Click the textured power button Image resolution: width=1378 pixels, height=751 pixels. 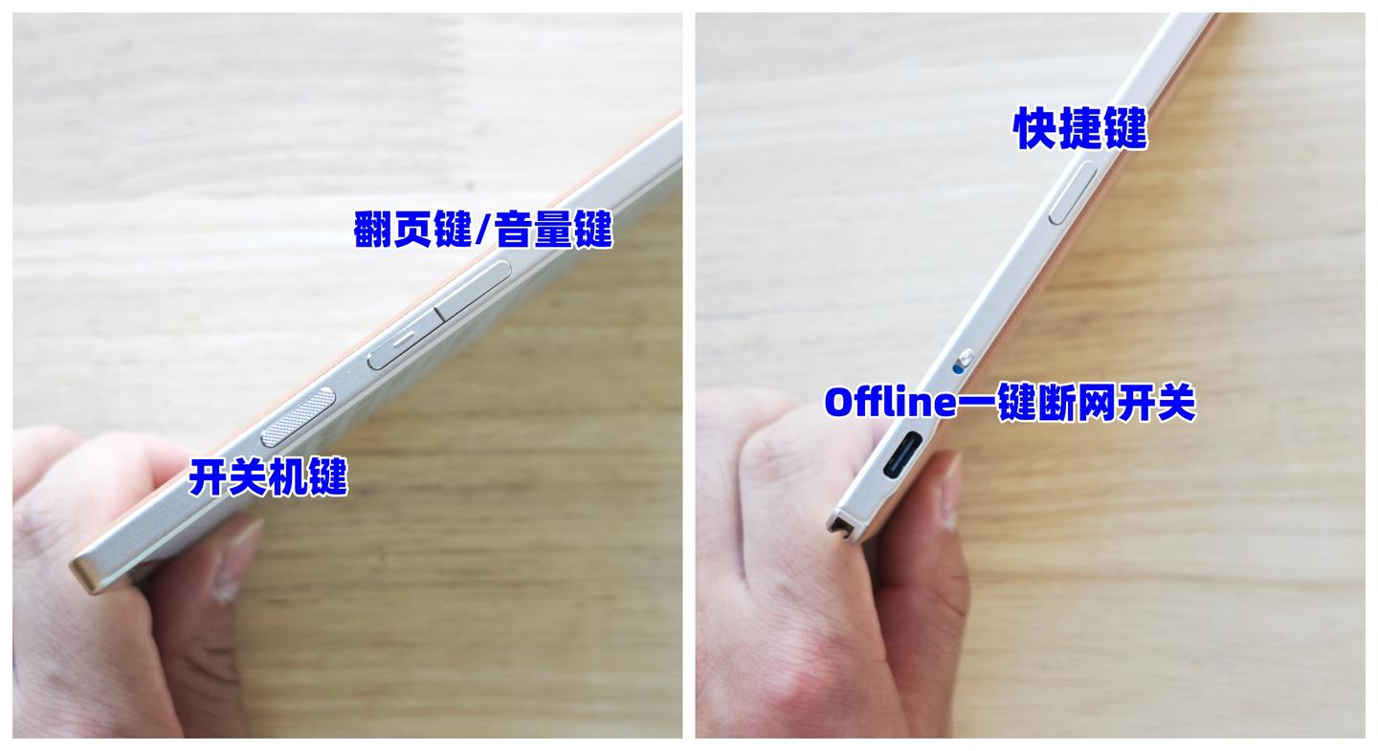299,417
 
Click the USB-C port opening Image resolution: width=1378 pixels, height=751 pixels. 902,455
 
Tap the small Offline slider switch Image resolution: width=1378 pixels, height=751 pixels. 967,357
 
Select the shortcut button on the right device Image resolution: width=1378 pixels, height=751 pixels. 1073,192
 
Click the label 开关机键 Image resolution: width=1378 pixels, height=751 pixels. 268,476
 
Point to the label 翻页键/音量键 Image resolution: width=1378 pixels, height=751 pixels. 483,229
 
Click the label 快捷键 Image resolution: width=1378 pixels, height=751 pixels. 1080,128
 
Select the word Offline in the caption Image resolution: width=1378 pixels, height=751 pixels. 890,402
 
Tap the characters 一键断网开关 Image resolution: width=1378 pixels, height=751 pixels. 1077,402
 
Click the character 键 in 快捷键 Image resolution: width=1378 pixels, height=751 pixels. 1126,128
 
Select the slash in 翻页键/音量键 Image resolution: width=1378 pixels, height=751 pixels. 484,229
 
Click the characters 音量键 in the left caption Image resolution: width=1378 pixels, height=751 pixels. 554,229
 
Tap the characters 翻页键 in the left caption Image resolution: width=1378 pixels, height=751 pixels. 413,229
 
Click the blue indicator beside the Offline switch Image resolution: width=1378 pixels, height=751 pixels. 958,368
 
